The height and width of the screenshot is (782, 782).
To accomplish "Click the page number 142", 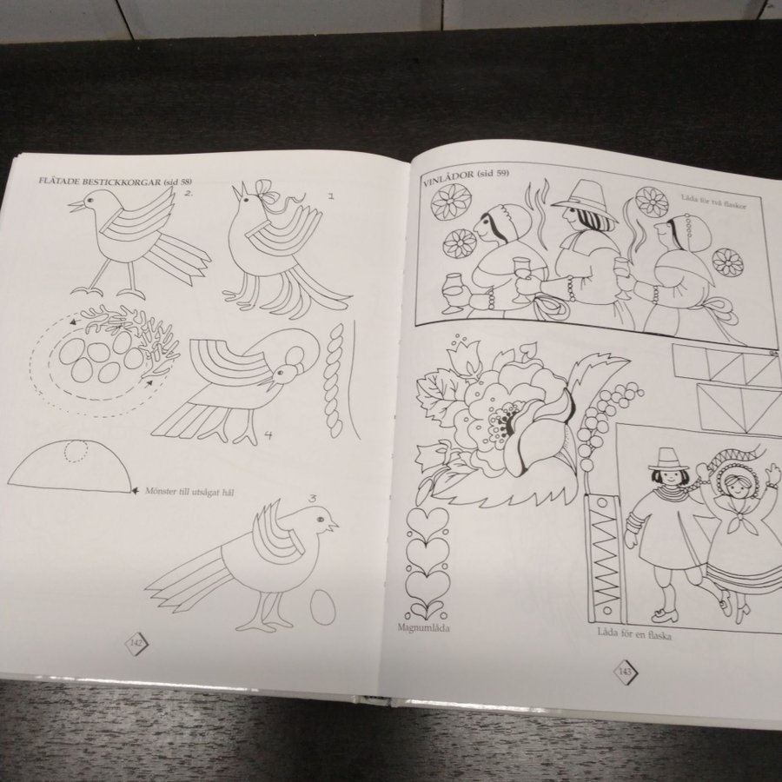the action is pyautogui.click(x=136, y=642).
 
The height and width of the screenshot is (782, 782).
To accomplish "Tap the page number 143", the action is pyautogui.click(x=625, y=672).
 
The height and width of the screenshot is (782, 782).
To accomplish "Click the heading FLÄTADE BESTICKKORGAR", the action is pyautogui.click(x=100, y=182).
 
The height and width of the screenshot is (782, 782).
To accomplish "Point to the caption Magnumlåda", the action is pyautogui.click(x=423, y=627).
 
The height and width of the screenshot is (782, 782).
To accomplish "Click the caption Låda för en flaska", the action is pyautogui.click(x=634, y=634).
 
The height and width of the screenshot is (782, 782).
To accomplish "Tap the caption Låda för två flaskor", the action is pyautogui.click(x=713, y=202).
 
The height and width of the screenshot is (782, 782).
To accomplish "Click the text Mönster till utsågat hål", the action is pyautogui.click(x=189, y=492).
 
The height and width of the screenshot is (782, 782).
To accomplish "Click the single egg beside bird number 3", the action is pyautogui.click(x=323, y=607).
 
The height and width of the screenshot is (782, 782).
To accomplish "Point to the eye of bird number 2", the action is pyautogui.click(x=89, y=200).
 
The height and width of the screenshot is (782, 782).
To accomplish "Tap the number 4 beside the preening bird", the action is pyautogui.click(x=268, y=435).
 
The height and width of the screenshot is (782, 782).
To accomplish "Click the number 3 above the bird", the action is pyautogui.click(x=312, y=498).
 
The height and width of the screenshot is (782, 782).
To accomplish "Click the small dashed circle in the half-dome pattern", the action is pyautogui.click(x=76, y=452).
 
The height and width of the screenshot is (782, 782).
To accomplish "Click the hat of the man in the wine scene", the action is pyautogui.click(x=584, y=197).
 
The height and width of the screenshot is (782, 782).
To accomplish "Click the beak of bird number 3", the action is pyautogui.click(x=333, y=525).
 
